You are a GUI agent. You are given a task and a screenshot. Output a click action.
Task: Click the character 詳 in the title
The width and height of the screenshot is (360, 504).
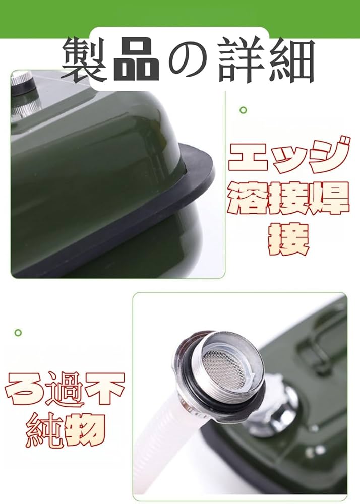click(239, 60)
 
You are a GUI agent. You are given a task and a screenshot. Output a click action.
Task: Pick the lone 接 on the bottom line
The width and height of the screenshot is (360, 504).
click(287, 239)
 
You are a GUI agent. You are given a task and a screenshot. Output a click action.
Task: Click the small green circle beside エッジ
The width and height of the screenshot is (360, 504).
click(243, 110)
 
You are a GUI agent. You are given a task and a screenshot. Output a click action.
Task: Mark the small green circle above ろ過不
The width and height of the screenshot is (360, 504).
click(18, 333)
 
